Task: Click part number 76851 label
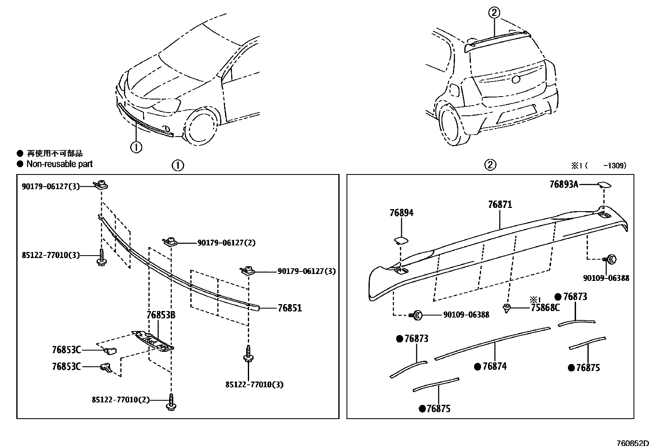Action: tap(289, 308)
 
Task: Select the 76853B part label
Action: tap(161, 315)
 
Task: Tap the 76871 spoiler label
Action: tap(500, 205)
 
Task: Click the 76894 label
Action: tap(401, 213)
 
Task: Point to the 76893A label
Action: tap(563, 184)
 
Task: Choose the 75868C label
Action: tap(545, 308)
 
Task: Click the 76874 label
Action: tap(494, 366)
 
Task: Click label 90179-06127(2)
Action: tap(226, 243)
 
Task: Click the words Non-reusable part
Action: tap(60, 164)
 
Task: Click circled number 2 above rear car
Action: tap(494, 13)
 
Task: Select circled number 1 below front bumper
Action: tap(136, 147)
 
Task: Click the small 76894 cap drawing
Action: tap(399, 241)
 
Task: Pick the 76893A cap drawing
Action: tap(604, 185)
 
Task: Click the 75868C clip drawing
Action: tap(507, 308)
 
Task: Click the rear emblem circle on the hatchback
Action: tap(516, 80)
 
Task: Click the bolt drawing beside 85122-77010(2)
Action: tap(171, 402)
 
